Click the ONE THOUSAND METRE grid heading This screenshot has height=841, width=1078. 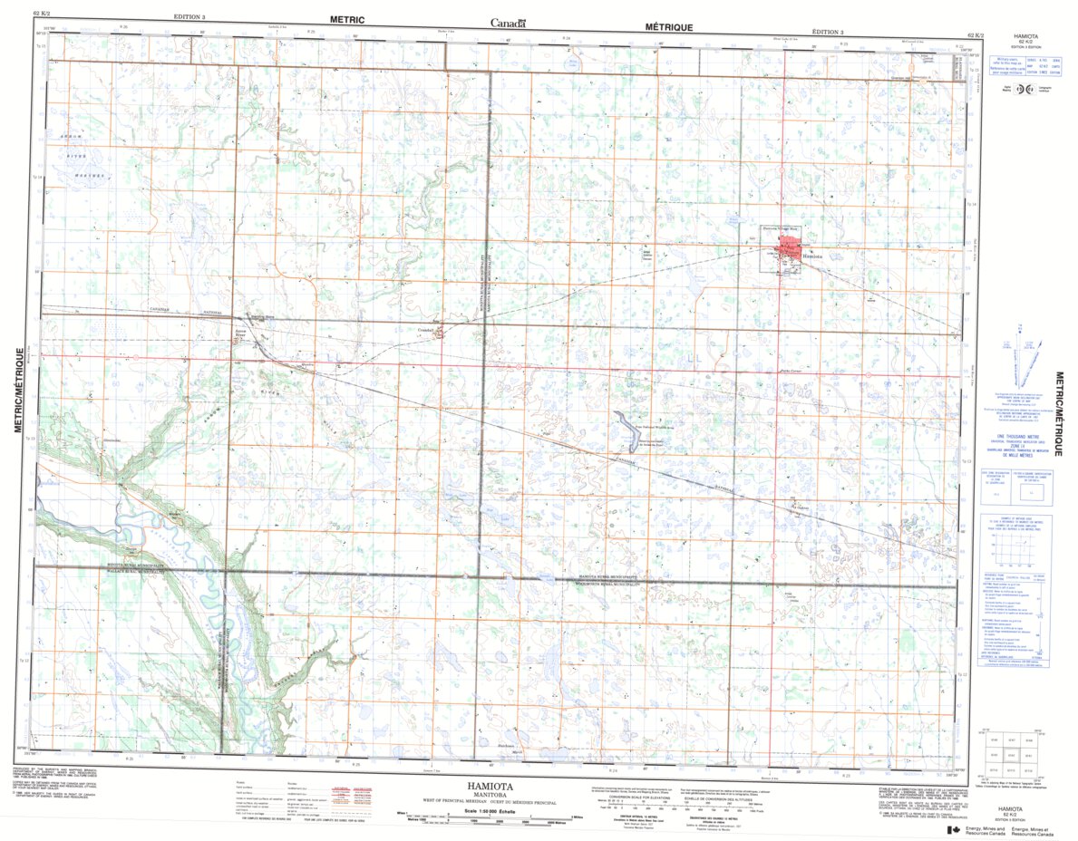[x=1025, y=435]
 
